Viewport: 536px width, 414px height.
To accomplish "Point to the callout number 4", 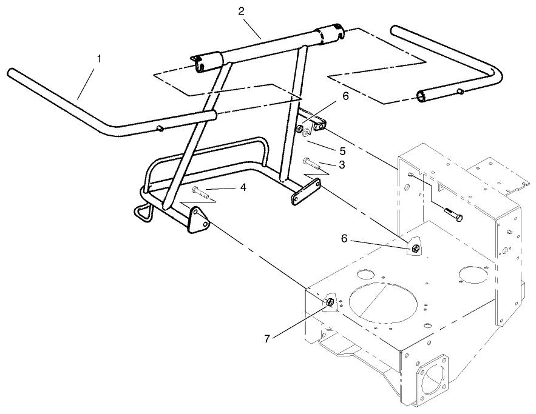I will [x=243, y=188].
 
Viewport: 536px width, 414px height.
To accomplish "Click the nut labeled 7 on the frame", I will [x=330, y=301].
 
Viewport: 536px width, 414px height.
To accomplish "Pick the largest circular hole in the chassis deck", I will [x=382, y=305].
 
